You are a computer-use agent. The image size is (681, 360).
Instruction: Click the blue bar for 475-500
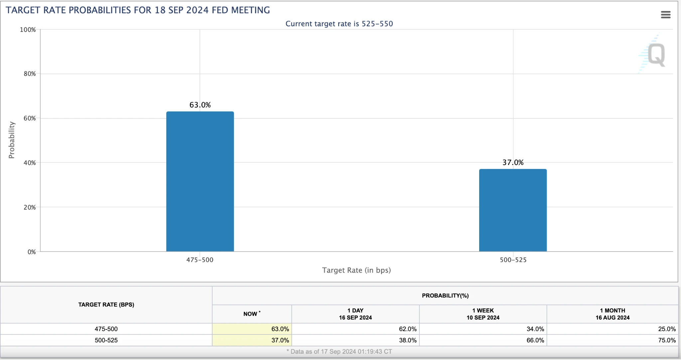click(x=200, y=181)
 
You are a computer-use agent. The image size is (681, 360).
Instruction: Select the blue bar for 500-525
click(x=513, y=210)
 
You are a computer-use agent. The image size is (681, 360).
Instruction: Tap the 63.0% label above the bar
click(x=200, y=105)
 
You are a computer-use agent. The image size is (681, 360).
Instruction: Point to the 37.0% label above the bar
click(x=513, y=162)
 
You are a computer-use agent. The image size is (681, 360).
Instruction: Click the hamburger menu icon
click(x=665, y=15)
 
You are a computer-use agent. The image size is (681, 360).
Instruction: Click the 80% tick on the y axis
click(x=30, y=74)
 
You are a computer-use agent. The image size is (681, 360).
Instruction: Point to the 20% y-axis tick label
click(x=30, y=207)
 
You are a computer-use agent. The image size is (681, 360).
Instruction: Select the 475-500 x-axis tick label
click(x=200, y=260)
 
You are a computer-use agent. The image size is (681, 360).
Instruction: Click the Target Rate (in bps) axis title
click(x=356, y=270)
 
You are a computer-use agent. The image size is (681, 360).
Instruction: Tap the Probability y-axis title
click(x=12, y=140)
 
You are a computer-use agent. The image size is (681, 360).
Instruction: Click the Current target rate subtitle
click(x=339, y=24)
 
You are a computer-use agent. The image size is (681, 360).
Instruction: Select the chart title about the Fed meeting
click(x=138, y=10)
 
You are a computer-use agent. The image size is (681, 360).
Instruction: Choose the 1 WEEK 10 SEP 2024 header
click(x=483, y=314)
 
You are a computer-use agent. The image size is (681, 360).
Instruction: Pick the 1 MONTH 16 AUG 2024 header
click(x=613, y=314)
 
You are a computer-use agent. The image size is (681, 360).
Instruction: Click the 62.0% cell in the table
click(x=408, y=329)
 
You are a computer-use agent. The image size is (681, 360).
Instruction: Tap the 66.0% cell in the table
click(x=535, y=340)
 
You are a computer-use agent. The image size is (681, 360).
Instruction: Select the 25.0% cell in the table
click(x=667, y=329)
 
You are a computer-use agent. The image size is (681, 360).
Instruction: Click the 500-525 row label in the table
click(x=106, y=340)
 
